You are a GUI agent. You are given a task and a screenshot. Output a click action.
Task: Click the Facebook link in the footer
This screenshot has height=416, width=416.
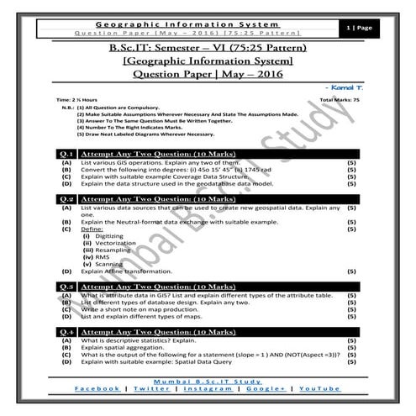96,389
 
